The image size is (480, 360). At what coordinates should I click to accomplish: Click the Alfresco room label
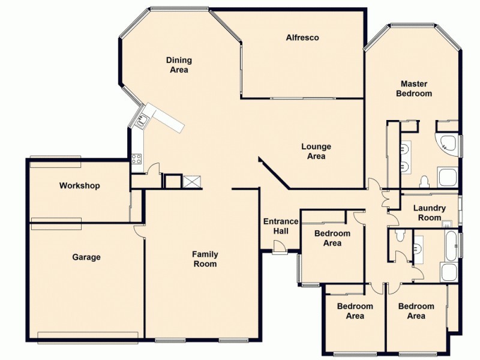coord(302,38)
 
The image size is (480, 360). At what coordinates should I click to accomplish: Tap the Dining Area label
coord(179,65)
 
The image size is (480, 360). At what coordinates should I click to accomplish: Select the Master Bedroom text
coord(416,89)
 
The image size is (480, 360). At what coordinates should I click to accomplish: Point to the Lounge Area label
coord(316,151)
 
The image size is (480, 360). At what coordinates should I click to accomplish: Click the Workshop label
coord(79,186)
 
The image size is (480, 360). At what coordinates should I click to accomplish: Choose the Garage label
coord(86,257)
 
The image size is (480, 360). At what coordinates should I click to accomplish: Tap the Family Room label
coord(205,259)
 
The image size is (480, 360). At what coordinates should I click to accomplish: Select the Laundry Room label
coord(430,213)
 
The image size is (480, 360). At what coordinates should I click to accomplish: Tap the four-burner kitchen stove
coord(137,159)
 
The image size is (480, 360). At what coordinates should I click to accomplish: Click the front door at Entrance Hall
coord(279,247)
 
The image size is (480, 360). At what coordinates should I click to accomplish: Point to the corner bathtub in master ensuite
coord(447,143)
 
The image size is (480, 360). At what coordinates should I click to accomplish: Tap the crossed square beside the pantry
coord(192,182)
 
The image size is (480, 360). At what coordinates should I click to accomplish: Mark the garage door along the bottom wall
coord(88,334)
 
